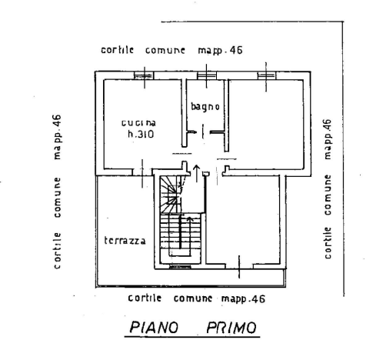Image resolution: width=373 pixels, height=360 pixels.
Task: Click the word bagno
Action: coord(205,106)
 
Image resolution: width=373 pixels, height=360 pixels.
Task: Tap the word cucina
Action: coord(138,123)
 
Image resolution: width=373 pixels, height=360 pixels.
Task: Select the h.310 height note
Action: coord(141,134)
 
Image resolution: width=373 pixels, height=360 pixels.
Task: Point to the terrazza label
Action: coord(125,241)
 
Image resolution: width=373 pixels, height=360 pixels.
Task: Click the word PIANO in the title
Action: coord(154,327)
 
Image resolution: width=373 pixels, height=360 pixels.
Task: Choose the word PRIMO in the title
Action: coord(231,328)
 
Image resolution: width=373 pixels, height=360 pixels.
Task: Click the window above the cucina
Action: coord(144,75)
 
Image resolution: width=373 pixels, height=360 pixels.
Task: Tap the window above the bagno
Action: coord(207,75)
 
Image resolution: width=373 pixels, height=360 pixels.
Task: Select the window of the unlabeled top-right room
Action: coord(266,75)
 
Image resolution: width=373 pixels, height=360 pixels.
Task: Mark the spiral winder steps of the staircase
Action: coord(170,195)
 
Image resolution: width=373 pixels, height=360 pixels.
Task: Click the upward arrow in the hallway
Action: coord(197,174)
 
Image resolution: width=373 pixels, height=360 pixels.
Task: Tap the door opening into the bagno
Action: coord(203,132)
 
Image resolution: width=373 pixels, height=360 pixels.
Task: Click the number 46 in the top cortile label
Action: coord(236,50)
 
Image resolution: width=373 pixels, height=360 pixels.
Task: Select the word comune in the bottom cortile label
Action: coord(193,298)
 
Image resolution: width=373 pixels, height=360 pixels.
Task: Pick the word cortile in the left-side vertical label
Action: coord(58,251)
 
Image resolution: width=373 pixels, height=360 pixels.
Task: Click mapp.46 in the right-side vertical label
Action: coord(328,139)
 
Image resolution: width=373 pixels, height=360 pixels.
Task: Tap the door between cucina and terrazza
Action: coord(142,173)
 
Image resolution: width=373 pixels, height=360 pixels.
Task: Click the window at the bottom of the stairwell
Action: coord(180,267)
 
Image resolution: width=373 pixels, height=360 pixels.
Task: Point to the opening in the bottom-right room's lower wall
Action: coord(239,267)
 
